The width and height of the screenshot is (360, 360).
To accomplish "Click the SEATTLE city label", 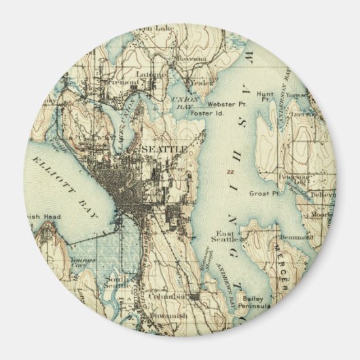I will [x=163, y=149].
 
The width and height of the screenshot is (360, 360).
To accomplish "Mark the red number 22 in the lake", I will [x=232, y=171].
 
